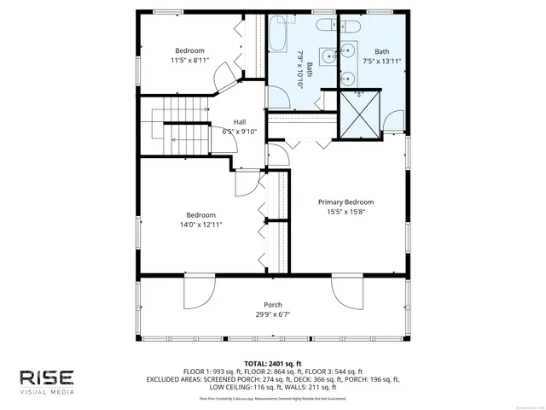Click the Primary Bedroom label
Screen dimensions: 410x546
click(x=346, y=202)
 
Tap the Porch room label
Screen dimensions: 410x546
click(x=273, y=305)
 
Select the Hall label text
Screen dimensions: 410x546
click(x=240, y=122)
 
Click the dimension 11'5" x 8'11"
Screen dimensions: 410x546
click(x=190, y=61)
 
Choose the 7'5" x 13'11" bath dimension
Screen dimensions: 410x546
click(x=381, y=61)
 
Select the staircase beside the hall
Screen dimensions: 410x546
click(x=183, y=128)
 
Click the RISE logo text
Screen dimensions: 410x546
click(x=48, y=378)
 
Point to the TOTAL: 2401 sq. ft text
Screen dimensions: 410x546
click(x=273, y=363)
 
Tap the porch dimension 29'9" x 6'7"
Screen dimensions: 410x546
click(x=273, y=315)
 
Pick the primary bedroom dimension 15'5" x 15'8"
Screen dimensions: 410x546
click(x=346, y=213)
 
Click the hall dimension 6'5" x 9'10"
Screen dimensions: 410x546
click(x=240, y=132)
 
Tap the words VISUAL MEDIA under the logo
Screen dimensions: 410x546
click(x=48, y=392)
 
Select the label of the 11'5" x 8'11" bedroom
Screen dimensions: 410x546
click(x=190, y=50)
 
